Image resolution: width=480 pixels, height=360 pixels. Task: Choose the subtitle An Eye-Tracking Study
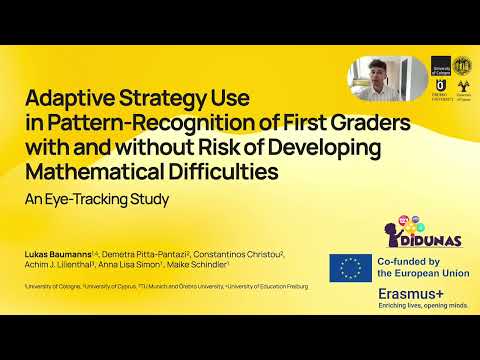[x=97, y=198]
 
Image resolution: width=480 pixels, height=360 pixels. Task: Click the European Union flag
[x=350, y=268]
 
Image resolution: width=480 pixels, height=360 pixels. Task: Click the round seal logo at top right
[x=461, y=65]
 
